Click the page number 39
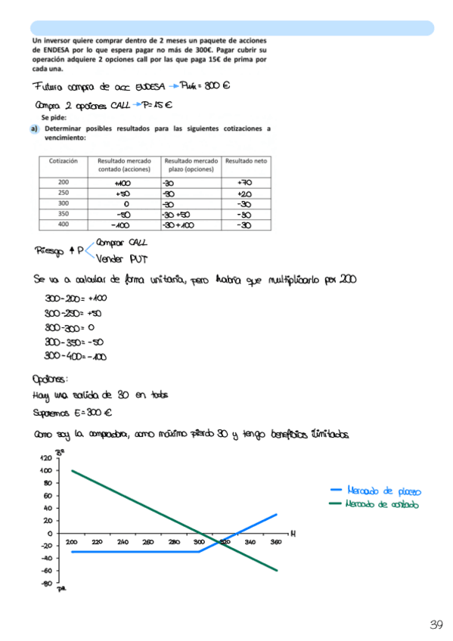click(x=436, y=624)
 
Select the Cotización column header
click(x=63, y=161)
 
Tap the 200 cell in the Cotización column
click(x=63, y=182)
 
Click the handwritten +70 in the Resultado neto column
click(x=244, y=182)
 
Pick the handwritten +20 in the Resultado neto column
click(x=244, y=194)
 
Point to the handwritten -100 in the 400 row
click(x=119, y=225)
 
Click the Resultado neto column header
click(x=246, y=161)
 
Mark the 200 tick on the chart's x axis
click(x=71, y=542)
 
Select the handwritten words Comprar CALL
click(x=123, y=243)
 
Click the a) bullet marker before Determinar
click(x=35, y=129)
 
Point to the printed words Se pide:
click(x=55, y=118)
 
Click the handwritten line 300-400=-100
click(x=75, y=357)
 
